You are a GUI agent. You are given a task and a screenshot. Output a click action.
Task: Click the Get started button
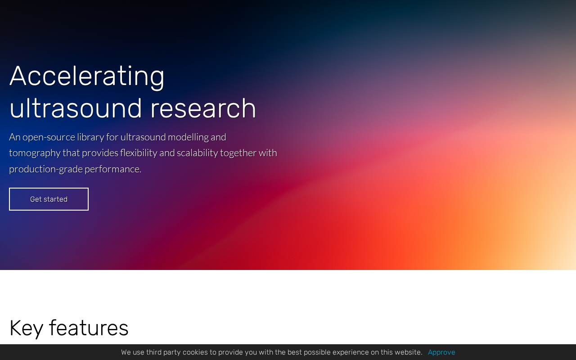point(49,199)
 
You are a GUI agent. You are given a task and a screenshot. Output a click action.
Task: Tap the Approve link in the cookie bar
point(441,352)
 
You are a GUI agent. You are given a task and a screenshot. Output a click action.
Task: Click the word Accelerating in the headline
point(87,76)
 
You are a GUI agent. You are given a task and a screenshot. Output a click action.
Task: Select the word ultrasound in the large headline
point(76,108)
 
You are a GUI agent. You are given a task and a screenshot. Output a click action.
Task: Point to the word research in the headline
point(203,108)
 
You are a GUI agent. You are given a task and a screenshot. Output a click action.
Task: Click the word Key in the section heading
point(26,328)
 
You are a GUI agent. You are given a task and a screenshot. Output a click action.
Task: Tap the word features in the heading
point(89,328)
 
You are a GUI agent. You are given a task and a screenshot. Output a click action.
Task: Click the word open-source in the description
point(49,138)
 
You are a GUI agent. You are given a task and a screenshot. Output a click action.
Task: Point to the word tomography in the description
point(35,153)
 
